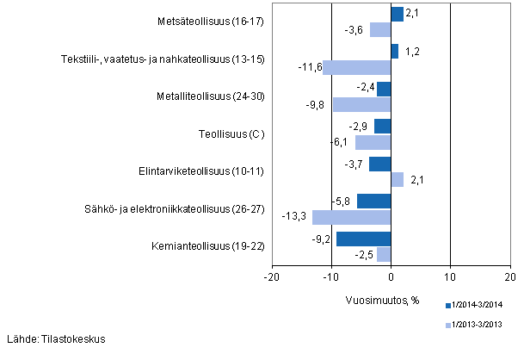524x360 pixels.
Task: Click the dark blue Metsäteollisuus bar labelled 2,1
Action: click(x=397, y=15)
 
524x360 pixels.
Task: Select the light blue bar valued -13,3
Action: click(x=351, y=217)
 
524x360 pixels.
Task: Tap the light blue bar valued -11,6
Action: click(x=356, y=67)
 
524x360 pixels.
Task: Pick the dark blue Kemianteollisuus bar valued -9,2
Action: click(x=363, y=239)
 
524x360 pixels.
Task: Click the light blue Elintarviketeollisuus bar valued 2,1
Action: click(x=397, y=180)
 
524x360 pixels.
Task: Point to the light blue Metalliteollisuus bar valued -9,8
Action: click(x=361, y=105)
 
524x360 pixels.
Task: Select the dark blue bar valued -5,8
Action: click(x=373, y=202)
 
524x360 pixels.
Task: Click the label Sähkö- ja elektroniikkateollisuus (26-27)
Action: click(x=191, y=209)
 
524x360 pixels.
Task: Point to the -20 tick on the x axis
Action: click(x=271, y=277)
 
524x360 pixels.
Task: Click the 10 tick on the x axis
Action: click(x=449, y=277)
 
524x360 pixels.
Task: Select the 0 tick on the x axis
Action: click(x=391, y=277)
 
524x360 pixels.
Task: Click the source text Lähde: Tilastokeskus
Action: click(x=56, y=338)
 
